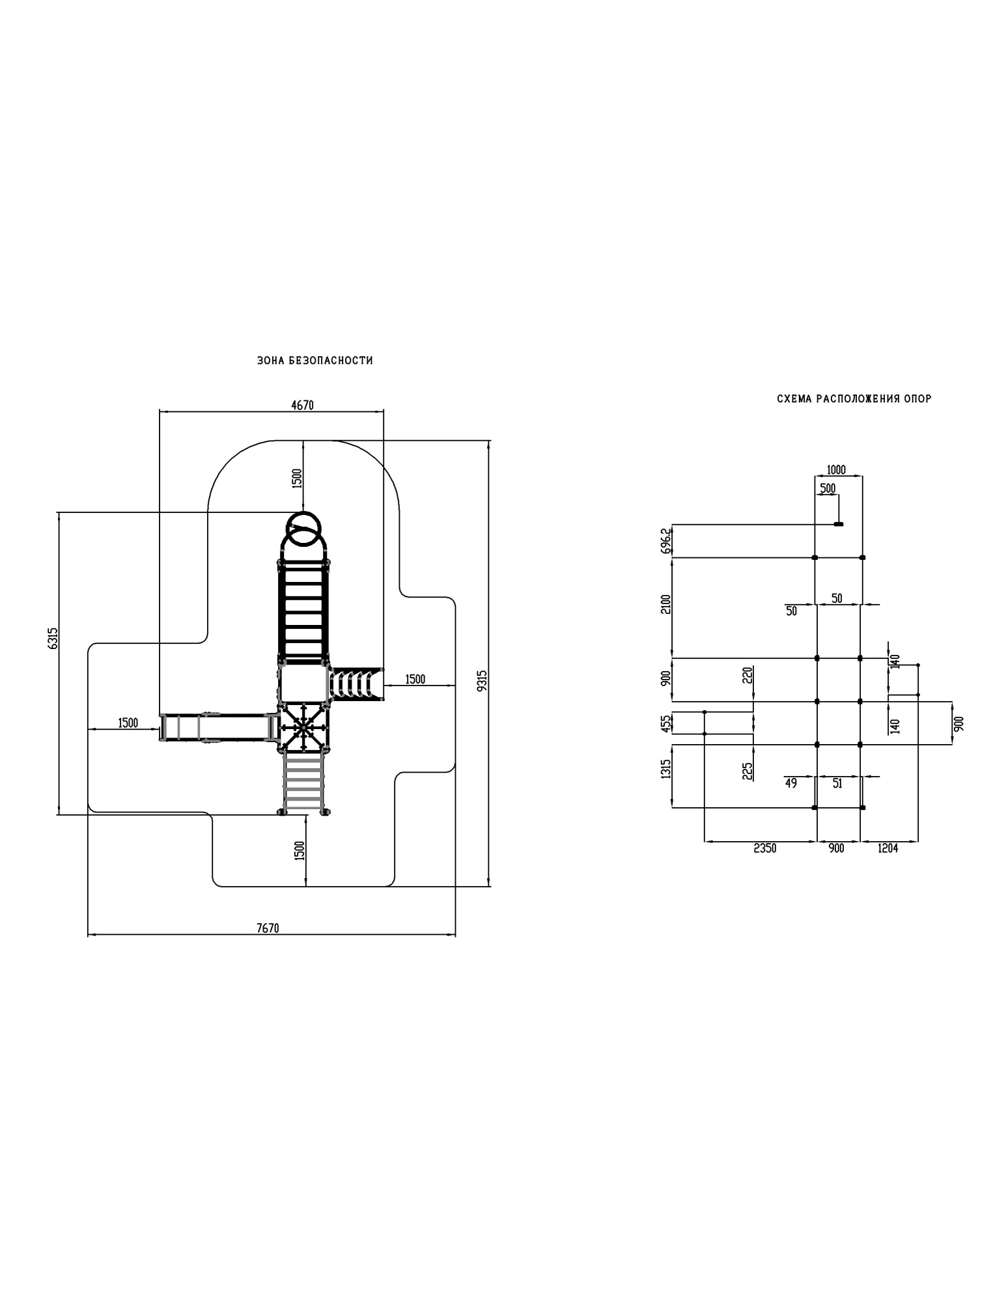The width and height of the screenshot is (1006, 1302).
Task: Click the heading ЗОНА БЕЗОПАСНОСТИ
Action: click(315, 361)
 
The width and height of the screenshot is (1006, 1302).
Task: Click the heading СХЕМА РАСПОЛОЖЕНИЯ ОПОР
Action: click(854, 398)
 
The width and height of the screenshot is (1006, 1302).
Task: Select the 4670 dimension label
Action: click(302, 405)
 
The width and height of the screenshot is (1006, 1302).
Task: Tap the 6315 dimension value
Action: click(53, 637)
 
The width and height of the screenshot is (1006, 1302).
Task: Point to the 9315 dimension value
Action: click(482, 680)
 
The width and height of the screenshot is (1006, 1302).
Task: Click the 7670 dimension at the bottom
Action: click(268, 928)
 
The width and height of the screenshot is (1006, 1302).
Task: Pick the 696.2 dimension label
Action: click(665, 540)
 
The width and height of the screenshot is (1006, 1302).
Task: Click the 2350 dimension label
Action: click(764, 848)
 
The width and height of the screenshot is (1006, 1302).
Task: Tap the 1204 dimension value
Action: click(887, 848)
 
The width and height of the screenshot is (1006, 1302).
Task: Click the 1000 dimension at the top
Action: click(835, 469)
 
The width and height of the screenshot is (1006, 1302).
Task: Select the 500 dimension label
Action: click(828, 488)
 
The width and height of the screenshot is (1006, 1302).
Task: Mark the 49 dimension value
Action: click(790, 783)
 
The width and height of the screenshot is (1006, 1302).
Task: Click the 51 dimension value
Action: click(837, 783)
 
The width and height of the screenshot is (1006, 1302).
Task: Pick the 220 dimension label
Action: click(748, 674)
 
